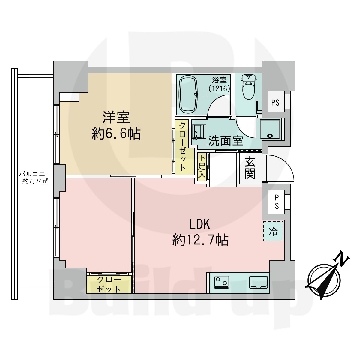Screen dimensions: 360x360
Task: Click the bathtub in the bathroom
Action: [188, 94]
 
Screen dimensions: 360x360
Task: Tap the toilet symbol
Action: [249, 87]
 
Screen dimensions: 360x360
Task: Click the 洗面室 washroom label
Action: [226, 140]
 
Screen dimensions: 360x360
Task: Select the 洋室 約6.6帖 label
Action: [116, 125]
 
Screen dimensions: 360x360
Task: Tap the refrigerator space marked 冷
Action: [273, 231]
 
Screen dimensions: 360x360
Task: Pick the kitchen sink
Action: [259, 282]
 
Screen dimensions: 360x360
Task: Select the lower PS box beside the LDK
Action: [276, 202]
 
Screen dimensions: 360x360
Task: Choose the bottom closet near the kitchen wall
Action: [109, 284]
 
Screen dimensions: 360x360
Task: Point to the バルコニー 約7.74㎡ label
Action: [35, 178]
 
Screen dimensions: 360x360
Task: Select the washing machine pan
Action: [270, 129]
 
